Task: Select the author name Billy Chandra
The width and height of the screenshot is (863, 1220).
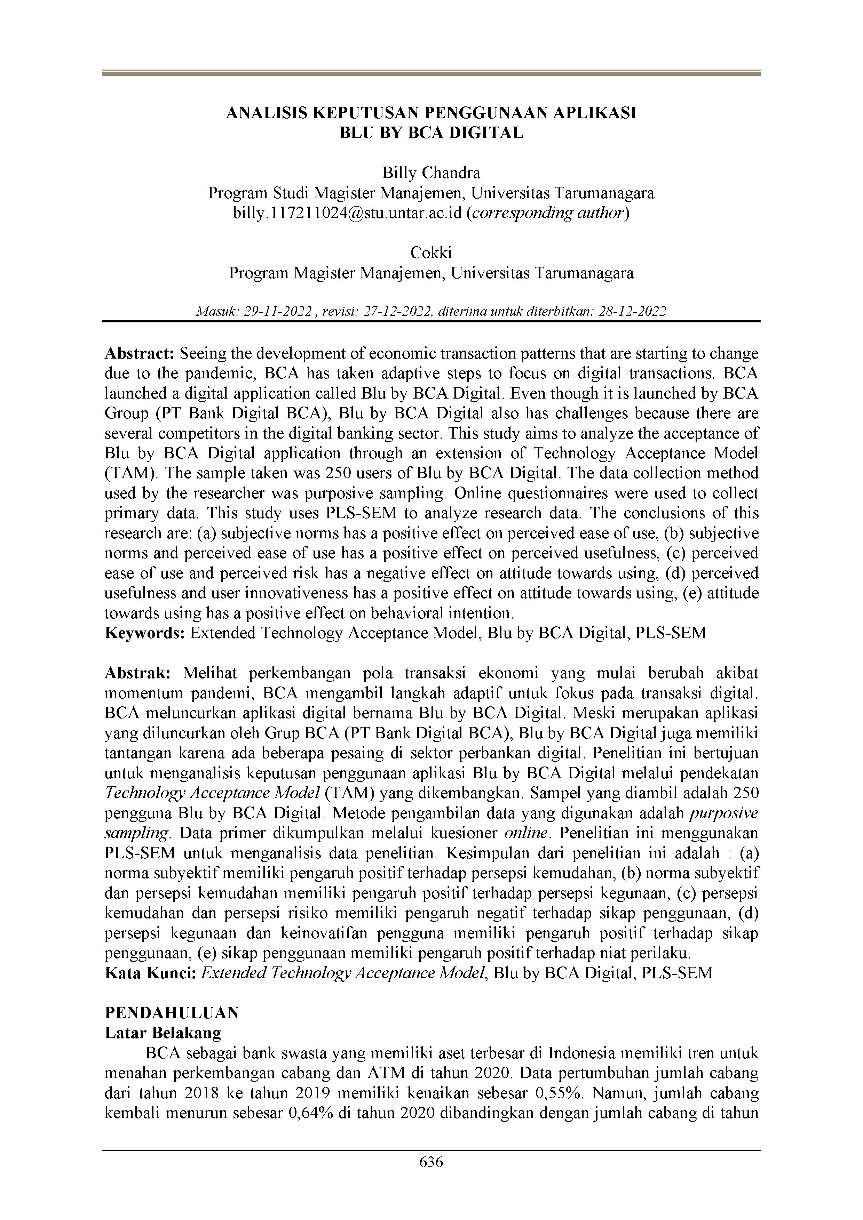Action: pos(431,173)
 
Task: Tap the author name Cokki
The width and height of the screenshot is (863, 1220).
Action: pos(431,252)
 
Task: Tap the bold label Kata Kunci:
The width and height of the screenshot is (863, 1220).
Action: pos(151,973)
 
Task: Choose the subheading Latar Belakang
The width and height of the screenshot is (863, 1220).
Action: pos(163,1033)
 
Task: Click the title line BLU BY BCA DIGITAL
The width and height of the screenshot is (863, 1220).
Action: pos(431,133)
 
